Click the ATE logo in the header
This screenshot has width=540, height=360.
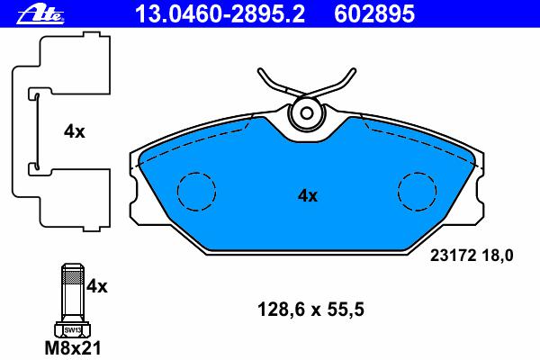[40, 14]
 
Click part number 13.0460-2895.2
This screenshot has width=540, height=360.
[220, 13]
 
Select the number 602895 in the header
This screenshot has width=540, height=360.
[374, 13]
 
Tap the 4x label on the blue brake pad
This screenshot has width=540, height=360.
[308, 195]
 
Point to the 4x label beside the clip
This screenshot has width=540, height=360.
[74, 131]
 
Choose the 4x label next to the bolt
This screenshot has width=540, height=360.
[97, 286]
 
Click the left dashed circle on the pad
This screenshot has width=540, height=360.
[196, 191]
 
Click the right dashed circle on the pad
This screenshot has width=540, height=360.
[417, 191]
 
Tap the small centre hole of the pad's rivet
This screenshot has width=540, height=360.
[307, 113]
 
